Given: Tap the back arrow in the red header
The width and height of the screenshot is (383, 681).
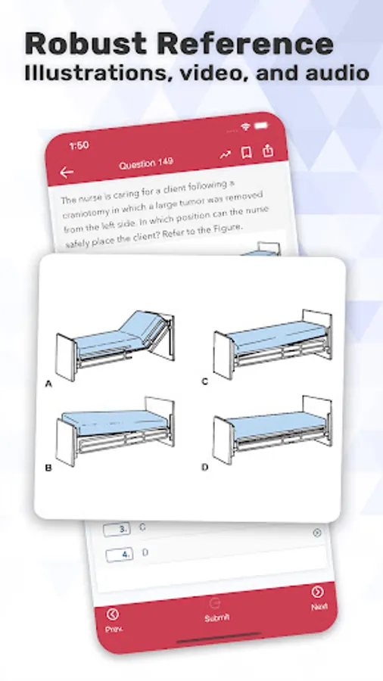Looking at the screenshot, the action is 67,173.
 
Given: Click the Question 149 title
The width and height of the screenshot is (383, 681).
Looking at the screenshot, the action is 146,163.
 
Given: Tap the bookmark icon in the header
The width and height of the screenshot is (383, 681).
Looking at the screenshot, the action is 246,152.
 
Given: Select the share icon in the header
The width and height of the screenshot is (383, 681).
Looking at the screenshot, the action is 268,151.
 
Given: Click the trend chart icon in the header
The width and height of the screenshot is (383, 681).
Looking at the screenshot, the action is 225,154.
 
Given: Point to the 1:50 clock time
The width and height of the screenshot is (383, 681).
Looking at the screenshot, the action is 79,145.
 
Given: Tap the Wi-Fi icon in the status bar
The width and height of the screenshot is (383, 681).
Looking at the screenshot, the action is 246,127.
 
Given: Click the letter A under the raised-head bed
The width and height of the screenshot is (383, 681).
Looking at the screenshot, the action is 48,384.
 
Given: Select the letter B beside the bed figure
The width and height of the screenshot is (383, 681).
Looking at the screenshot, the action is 48,468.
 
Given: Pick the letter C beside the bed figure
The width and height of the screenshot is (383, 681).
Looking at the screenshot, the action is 205,382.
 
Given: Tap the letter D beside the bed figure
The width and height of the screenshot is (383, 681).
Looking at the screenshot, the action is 205,468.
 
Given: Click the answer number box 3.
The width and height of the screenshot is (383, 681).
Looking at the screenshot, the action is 117,530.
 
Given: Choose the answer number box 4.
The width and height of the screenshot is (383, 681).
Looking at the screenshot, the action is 120,555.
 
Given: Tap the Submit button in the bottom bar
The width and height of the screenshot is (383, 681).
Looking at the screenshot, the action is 216,612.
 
